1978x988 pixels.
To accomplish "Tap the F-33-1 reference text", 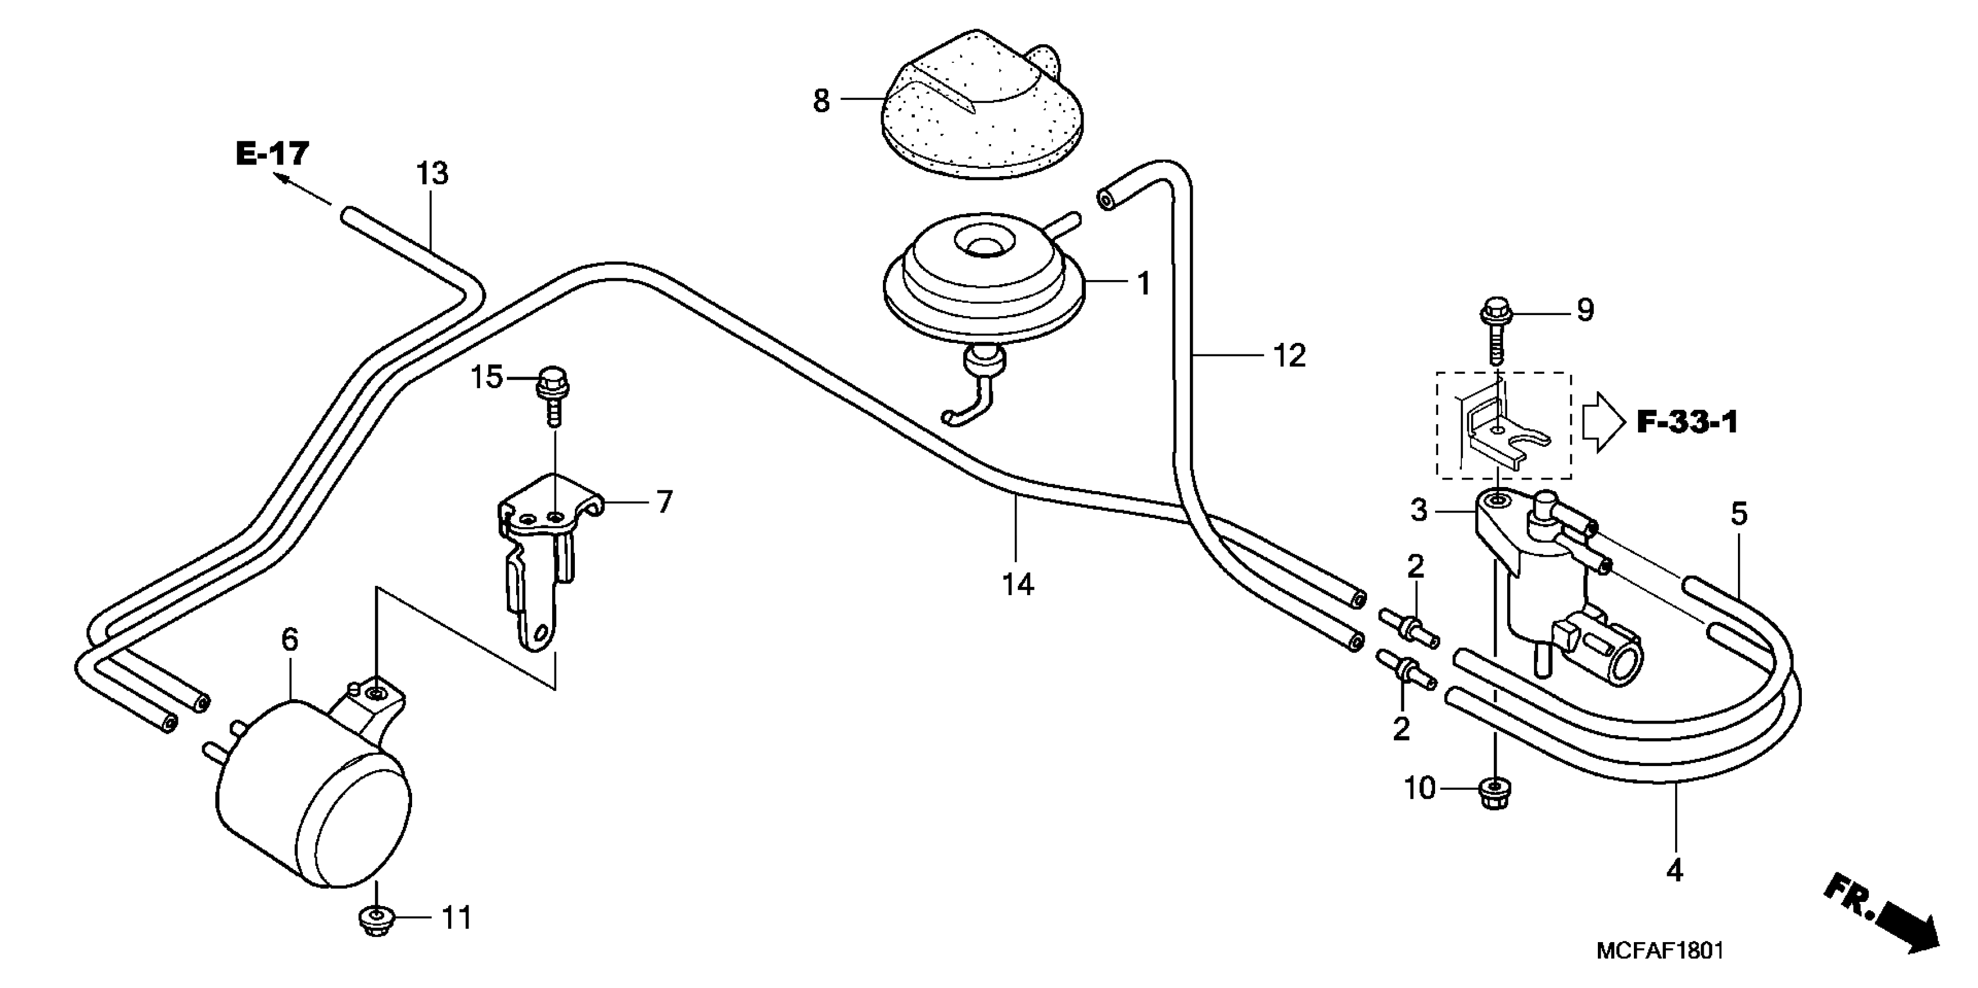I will coord(1687,422).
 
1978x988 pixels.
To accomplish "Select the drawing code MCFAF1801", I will coord(1660,950).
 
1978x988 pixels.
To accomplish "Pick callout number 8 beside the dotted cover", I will coord(821,101).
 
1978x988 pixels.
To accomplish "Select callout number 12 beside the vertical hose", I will coord(1289,356).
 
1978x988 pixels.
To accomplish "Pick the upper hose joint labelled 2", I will coord(1407,628).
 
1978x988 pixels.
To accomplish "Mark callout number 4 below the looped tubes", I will coord(1675,871).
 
